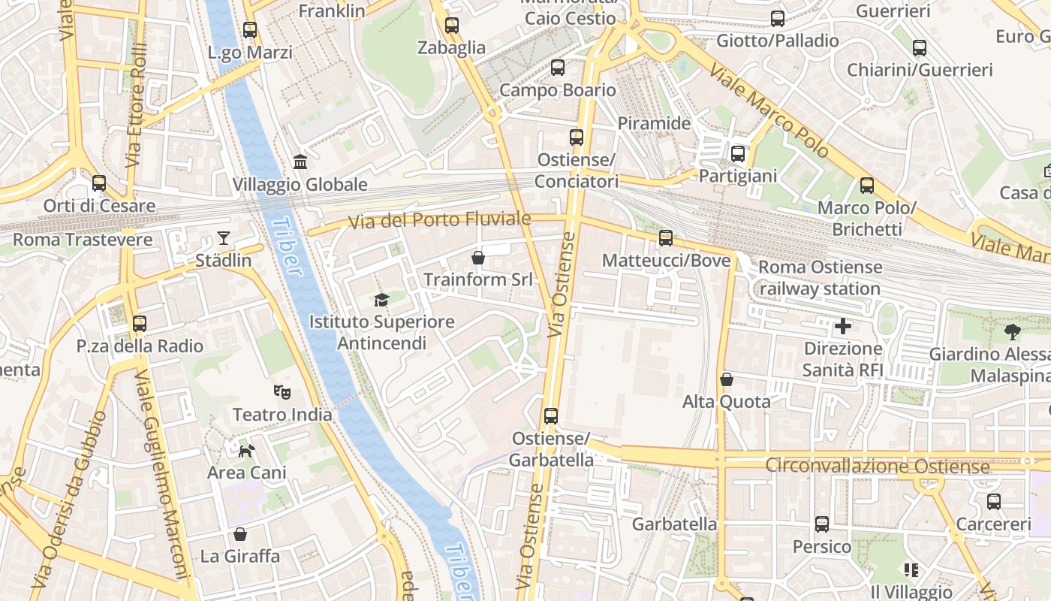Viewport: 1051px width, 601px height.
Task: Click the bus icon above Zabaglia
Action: [x=451, y=26]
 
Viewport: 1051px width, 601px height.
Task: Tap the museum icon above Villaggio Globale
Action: [x=300, y=162]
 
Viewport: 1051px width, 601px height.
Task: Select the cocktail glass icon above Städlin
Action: [x=224, y=238]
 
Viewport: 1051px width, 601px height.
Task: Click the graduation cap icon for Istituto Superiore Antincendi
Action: [x=382, y=300]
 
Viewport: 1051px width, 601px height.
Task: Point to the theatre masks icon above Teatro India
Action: [x=282, y=391]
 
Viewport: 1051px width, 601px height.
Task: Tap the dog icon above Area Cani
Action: [x=246, y=450]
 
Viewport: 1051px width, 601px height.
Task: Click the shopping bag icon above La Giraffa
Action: [x=240, y=534]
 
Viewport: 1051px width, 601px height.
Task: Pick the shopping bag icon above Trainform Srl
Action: [x=478, y=258]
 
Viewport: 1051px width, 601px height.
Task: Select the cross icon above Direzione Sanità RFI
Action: [x=843, y=326]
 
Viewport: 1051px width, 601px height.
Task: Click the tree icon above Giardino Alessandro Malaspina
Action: [x=1012, y=331]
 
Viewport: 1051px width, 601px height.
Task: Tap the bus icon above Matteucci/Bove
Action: [x=666, y=238]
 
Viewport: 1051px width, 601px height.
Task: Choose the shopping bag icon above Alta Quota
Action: [x=726, y=379]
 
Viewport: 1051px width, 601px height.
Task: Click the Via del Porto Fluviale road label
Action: [x=439, y=220]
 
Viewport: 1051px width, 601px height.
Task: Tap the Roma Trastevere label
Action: [x=83, y=240]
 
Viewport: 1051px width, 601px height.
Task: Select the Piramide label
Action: [x=654, y=123]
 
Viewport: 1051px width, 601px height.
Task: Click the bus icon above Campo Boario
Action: [x=558, y=68]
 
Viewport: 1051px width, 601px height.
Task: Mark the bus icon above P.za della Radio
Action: [x=140, y=324]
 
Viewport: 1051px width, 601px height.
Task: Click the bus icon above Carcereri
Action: [x=994, y=501]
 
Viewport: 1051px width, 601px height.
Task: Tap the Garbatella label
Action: [x=674, y=524]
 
